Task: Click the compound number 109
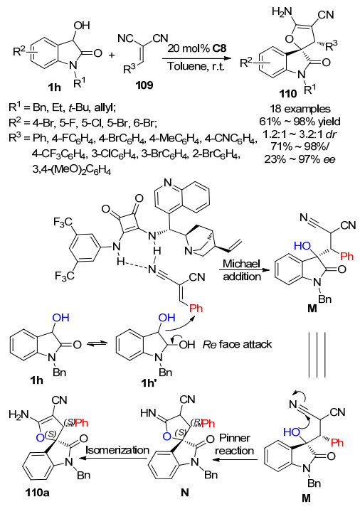pyautogui.click(x=144, y=85)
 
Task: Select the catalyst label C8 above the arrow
pyautogui.click(x=219, y=48)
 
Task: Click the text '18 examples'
pyautogui.click(x=300, y=109)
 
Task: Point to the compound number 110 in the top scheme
pyautogui.click(x=288, y=94)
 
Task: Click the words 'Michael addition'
pyautogui.click(x=242, y=269)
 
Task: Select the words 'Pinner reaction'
pyautogui.click(x=234, y=444)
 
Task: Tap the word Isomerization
pyautogui.click(x=117, y=450)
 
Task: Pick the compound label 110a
pyautogui.click(x=37, y=492)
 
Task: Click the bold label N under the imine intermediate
pyautogui.click(x=185, y=492)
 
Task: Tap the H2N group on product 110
pyautogui.click(x=282, y=12)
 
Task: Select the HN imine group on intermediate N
pyautogui.click(x=148, y=413)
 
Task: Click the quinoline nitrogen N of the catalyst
pyautogui.click(x=168, y=183)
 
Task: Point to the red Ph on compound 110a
pyautogui.click(x=82, y=423)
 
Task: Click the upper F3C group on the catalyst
pyautogui.click(x=63, y=223)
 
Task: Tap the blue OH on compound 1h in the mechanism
pyautogui.click(x=61, y=317)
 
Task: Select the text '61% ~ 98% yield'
pyautogui.click(x=300, y=122)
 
